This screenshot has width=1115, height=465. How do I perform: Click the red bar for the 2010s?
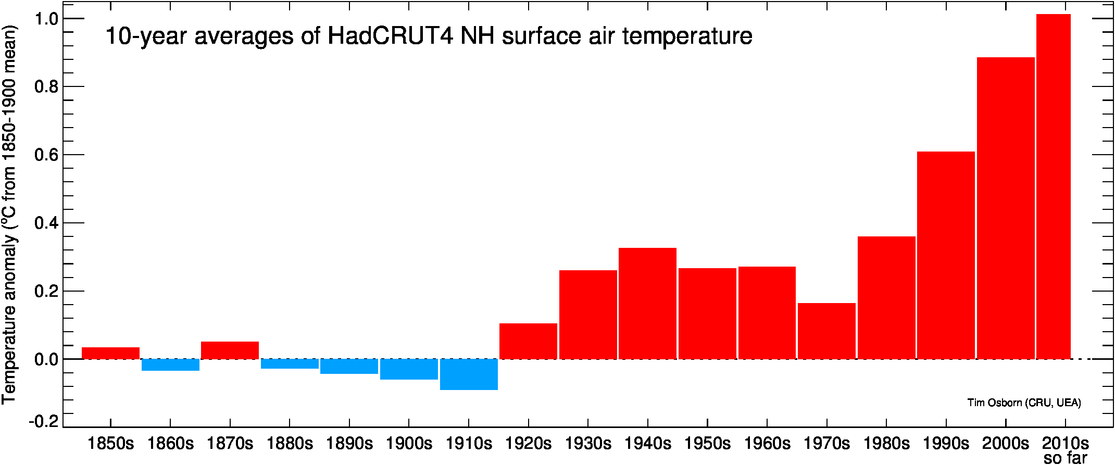click(1053, 186)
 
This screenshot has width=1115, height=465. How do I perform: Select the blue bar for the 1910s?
click(469, 374)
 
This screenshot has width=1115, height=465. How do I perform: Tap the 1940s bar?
click(647, 304)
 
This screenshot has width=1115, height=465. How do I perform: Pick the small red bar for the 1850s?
click(110, 353)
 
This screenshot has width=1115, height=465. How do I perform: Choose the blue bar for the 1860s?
click(170, 365)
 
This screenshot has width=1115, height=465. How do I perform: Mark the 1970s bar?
click(826, 331)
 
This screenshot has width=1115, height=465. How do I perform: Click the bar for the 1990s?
click(946, 255)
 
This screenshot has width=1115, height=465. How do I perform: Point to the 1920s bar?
click(528, 341)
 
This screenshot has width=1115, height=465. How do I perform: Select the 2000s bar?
click(1006, 208)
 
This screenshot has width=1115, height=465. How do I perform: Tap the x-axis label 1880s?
click(290, 444)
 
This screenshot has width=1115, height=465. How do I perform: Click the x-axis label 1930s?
click(588, 444)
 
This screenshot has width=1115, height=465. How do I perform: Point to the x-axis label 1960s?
click(767, 444)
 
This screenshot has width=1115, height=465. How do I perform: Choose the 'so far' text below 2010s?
click(1066, 458)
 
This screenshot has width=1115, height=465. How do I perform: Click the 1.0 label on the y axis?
click(46, 19)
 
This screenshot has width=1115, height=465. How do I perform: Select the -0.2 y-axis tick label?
click(44, 421)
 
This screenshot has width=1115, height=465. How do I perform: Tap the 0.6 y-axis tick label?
click(46, 155)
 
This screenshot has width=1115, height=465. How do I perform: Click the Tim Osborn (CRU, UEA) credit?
click(1024, 403)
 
